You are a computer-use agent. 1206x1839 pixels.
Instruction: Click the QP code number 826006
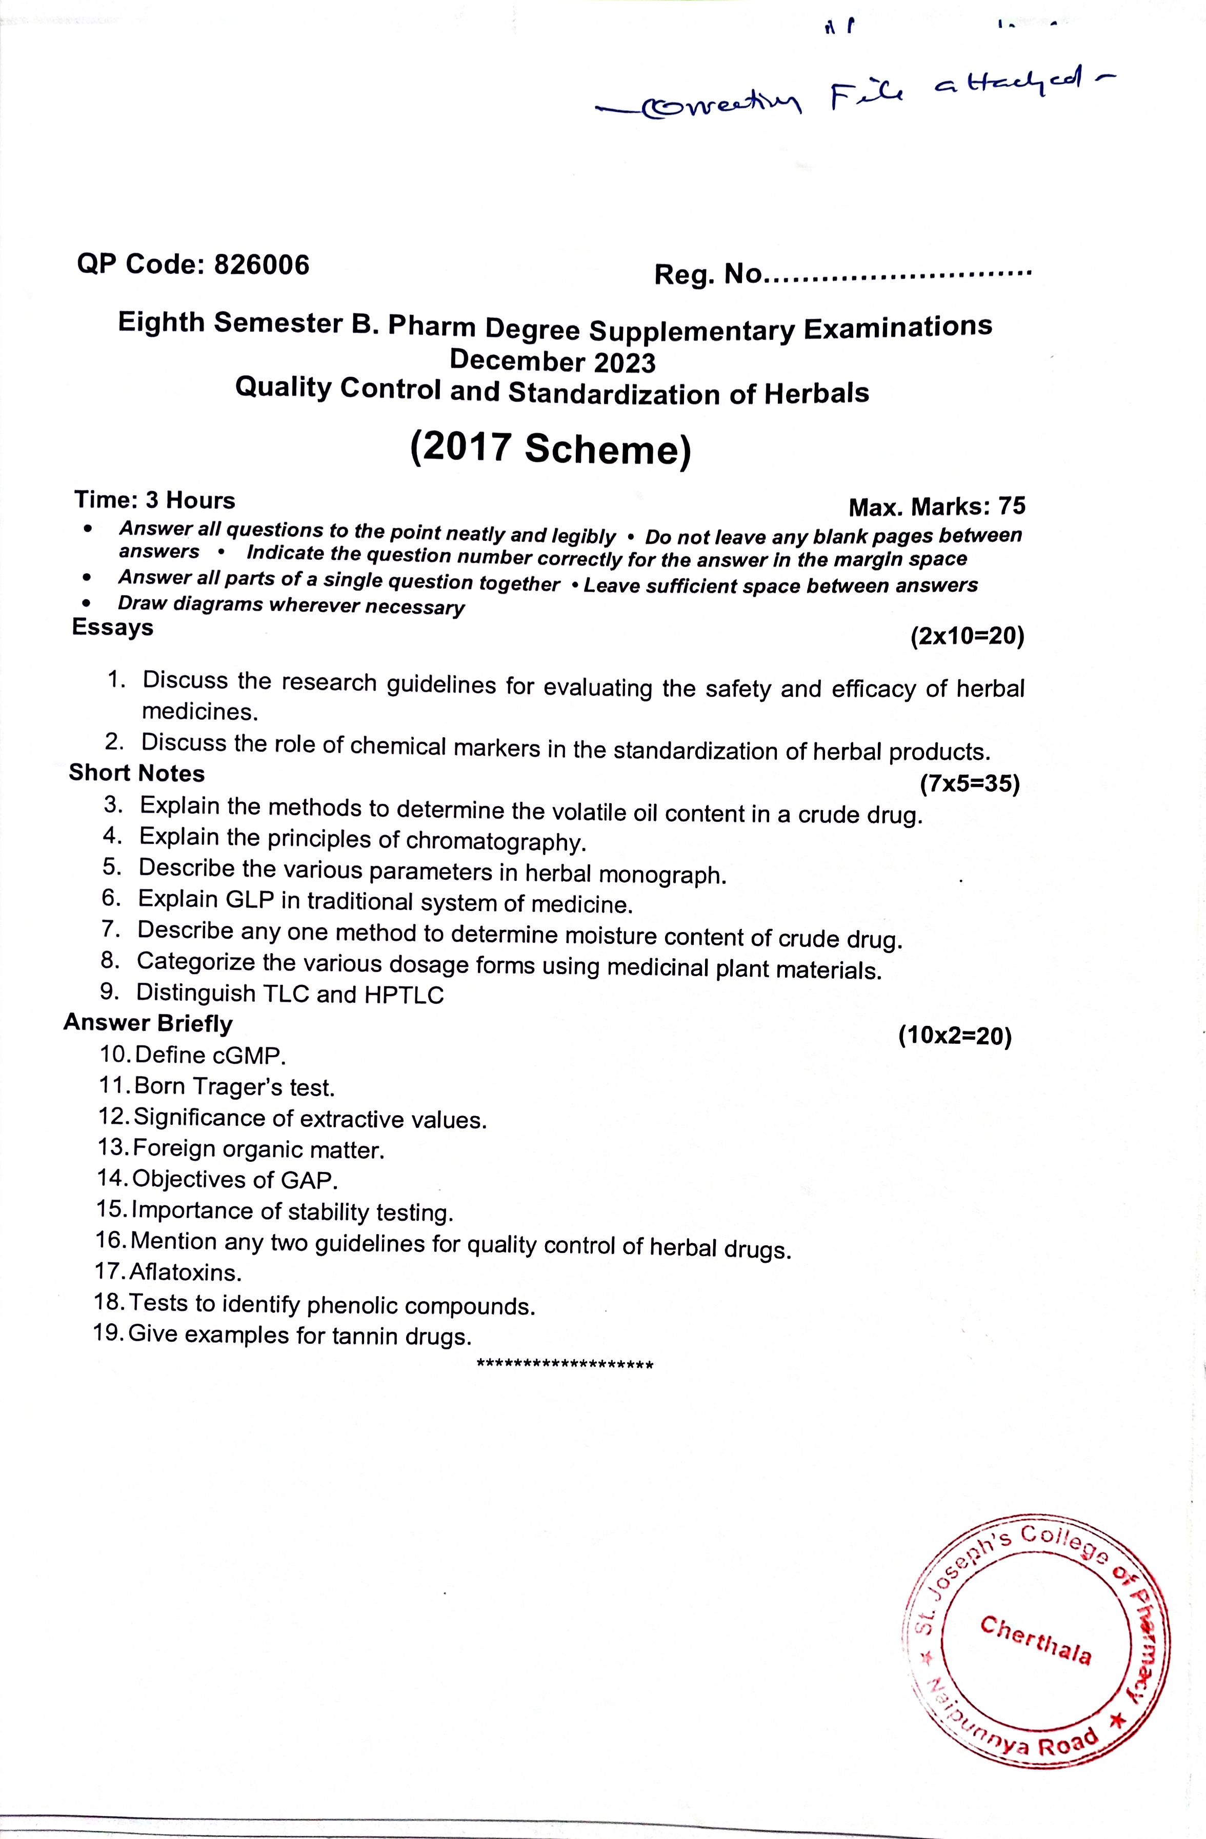tap(261, 265)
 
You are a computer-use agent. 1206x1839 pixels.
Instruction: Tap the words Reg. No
tap(708, 274)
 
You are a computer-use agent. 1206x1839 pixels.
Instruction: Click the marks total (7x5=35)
tap(970, 784)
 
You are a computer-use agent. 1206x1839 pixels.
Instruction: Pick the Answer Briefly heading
tap(148, 1022)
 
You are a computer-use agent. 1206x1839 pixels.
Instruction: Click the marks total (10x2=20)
tap(955, 1036)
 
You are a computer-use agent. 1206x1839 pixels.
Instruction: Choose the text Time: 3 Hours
tap(154, 500)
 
